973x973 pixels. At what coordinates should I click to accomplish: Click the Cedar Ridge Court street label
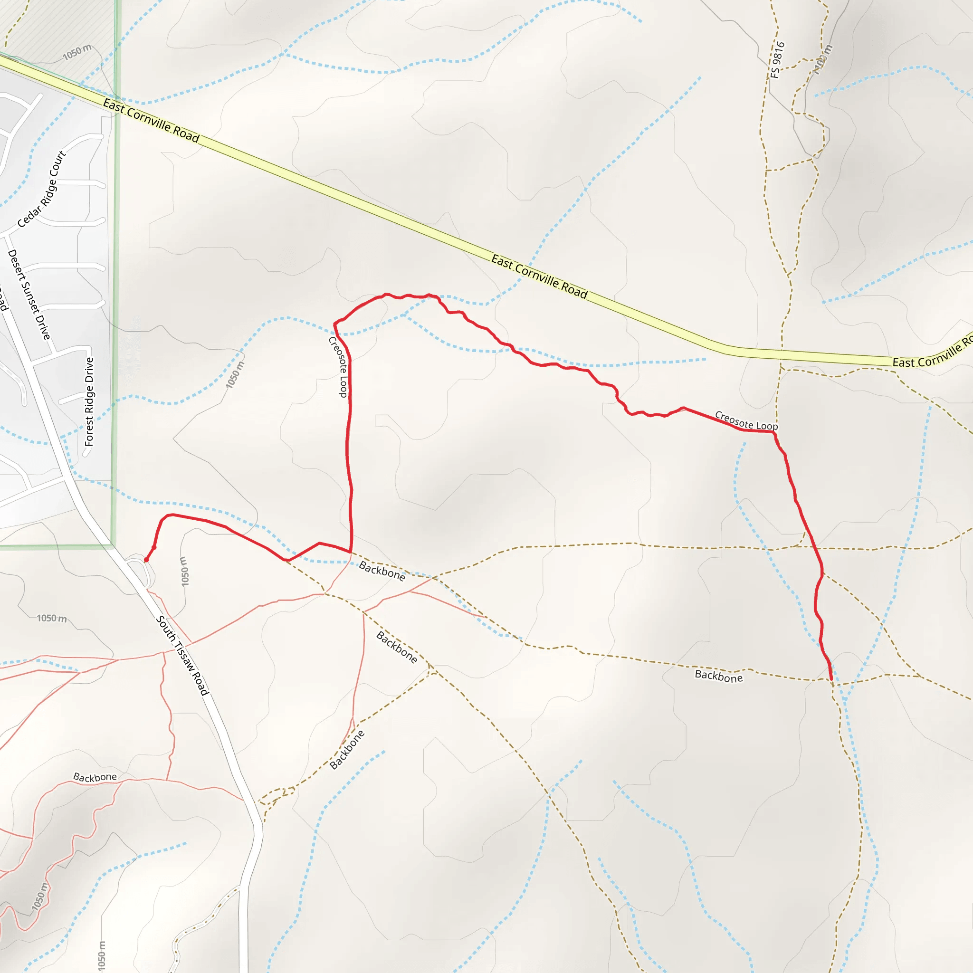(x=42, y=189)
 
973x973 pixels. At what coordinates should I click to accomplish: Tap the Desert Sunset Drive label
(x=29, y=295)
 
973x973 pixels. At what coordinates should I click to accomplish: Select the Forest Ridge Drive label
(x=89, y=401)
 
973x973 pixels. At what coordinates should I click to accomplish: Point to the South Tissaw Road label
(x=182, y=655)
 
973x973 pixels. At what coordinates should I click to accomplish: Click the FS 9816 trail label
(x=777, y=60)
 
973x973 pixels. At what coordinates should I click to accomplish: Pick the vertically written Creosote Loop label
(x=338, y=367)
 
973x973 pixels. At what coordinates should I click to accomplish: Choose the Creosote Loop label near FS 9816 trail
(x=746, y=421)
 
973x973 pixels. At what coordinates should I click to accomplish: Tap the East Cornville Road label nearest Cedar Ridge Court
(x=151, y=120)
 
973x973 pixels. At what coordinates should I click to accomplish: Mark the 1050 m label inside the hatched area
(x=77, y=52)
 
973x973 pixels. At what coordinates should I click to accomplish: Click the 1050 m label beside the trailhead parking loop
(x=184, y=571)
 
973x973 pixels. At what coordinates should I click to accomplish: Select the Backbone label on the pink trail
(x=95, y=777)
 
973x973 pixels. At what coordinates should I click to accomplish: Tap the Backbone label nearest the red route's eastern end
(x=718, y=677)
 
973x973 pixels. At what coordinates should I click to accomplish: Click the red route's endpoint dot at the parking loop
(x=146, y=560)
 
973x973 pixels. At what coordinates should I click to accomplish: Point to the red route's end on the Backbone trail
(x=831, y=679)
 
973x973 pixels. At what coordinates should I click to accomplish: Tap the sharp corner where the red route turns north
(x=350, y=552)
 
